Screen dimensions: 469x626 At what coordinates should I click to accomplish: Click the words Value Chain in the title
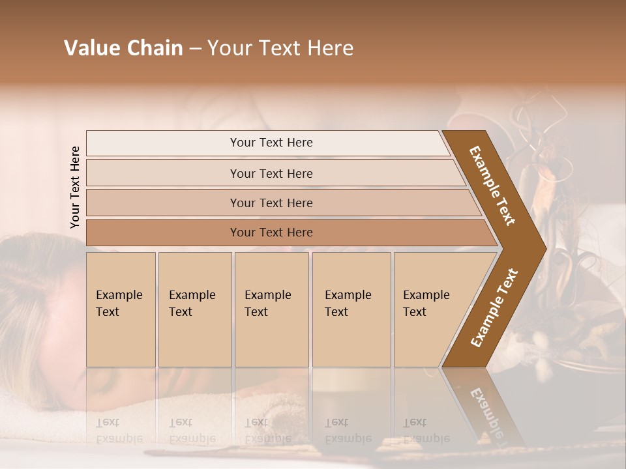[123, 48]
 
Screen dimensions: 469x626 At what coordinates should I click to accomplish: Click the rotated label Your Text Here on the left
[75, 187]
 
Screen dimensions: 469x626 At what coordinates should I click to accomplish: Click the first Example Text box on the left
[121, 309]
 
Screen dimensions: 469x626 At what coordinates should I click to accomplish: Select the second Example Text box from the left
[195, 309]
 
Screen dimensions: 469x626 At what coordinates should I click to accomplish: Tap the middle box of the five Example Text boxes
[271, 309]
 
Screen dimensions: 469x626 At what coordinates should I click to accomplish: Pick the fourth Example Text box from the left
[351, 309]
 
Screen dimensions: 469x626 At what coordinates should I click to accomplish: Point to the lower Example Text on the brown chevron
[494, 308]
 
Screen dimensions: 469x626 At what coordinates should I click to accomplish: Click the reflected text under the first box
[119, 431]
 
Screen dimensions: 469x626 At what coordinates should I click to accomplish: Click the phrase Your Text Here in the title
[280, 48]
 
